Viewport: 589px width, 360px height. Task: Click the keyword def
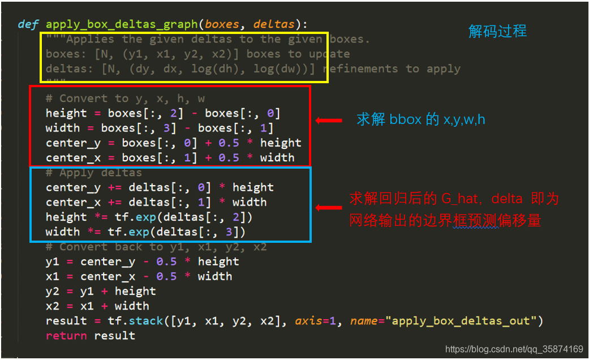28,24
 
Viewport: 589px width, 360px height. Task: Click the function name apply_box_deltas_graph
122,25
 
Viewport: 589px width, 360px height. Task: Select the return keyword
66,336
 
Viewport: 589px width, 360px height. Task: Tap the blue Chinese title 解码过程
497,31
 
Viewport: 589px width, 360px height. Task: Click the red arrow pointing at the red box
329,121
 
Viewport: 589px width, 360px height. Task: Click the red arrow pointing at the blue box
329,207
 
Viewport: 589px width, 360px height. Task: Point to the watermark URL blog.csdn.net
514,349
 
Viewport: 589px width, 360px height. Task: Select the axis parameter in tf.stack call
308,320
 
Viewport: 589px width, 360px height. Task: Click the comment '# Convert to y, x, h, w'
125,98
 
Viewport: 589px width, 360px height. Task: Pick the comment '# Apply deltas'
94,173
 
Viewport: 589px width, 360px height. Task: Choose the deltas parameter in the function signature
273,24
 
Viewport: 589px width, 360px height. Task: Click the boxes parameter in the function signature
222,24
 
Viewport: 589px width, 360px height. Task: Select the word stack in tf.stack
146,320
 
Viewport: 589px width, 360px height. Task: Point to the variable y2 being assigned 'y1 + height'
53,292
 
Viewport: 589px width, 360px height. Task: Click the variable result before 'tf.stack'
66,321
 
